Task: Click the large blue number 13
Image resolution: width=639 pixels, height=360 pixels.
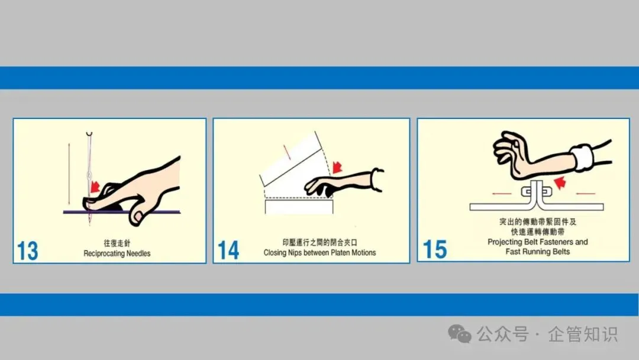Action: pos(28,250)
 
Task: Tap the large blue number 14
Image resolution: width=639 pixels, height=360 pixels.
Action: pos(228,250)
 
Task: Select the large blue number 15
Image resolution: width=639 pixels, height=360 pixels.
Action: pos(435,249)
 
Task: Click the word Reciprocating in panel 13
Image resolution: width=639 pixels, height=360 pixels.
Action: pos(104,253)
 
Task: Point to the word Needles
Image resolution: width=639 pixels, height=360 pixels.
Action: pos(138,253)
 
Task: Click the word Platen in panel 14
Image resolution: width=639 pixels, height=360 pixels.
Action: pos(331,253)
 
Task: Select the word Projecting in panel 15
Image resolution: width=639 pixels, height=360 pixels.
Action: pos(505,242)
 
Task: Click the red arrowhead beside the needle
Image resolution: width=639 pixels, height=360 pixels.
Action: pos(95,186)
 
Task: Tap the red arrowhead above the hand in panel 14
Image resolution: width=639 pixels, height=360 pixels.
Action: pos(337,166)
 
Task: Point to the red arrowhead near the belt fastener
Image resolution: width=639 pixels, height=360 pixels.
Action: pos(560,182)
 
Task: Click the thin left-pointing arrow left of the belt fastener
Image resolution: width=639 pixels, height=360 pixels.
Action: pos(502,194)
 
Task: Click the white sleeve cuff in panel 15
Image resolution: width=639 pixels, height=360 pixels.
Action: pos(583,157)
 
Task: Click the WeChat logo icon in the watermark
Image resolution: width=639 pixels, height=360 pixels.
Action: pos(460,334)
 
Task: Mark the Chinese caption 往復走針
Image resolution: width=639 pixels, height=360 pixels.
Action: pos(117,243)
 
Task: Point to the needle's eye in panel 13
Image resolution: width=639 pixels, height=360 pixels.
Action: pos(89,176)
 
